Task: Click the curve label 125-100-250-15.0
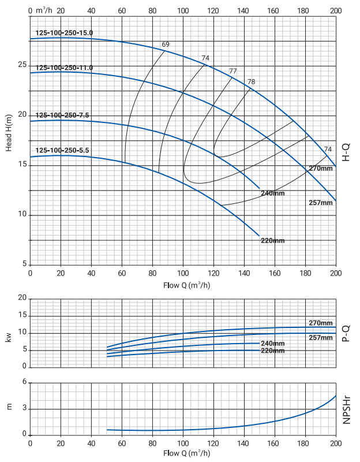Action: (x=64, y=33)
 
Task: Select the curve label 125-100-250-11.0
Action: (x=64, y=68)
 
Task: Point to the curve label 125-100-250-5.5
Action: (x=62, y=151)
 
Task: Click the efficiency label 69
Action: (x=166, y=45)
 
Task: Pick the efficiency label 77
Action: (x=233, y=71)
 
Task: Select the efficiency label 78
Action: (x=251, y=82)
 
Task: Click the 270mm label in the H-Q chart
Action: (x=321, y=168)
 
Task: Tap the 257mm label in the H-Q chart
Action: (x=321, y=203)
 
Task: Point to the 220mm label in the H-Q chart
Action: (x=273, y=240)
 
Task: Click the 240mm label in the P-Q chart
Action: (x=273, y=344)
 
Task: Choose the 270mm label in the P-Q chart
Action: (x=321, y=323)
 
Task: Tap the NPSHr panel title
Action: (x=347, y=409)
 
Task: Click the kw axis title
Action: (x=9, y=337)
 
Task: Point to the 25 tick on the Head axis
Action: (x=22, y=65)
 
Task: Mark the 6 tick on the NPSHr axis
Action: (x=24, y=382)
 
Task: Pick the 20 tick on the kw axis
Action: (x=22, y=299)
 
